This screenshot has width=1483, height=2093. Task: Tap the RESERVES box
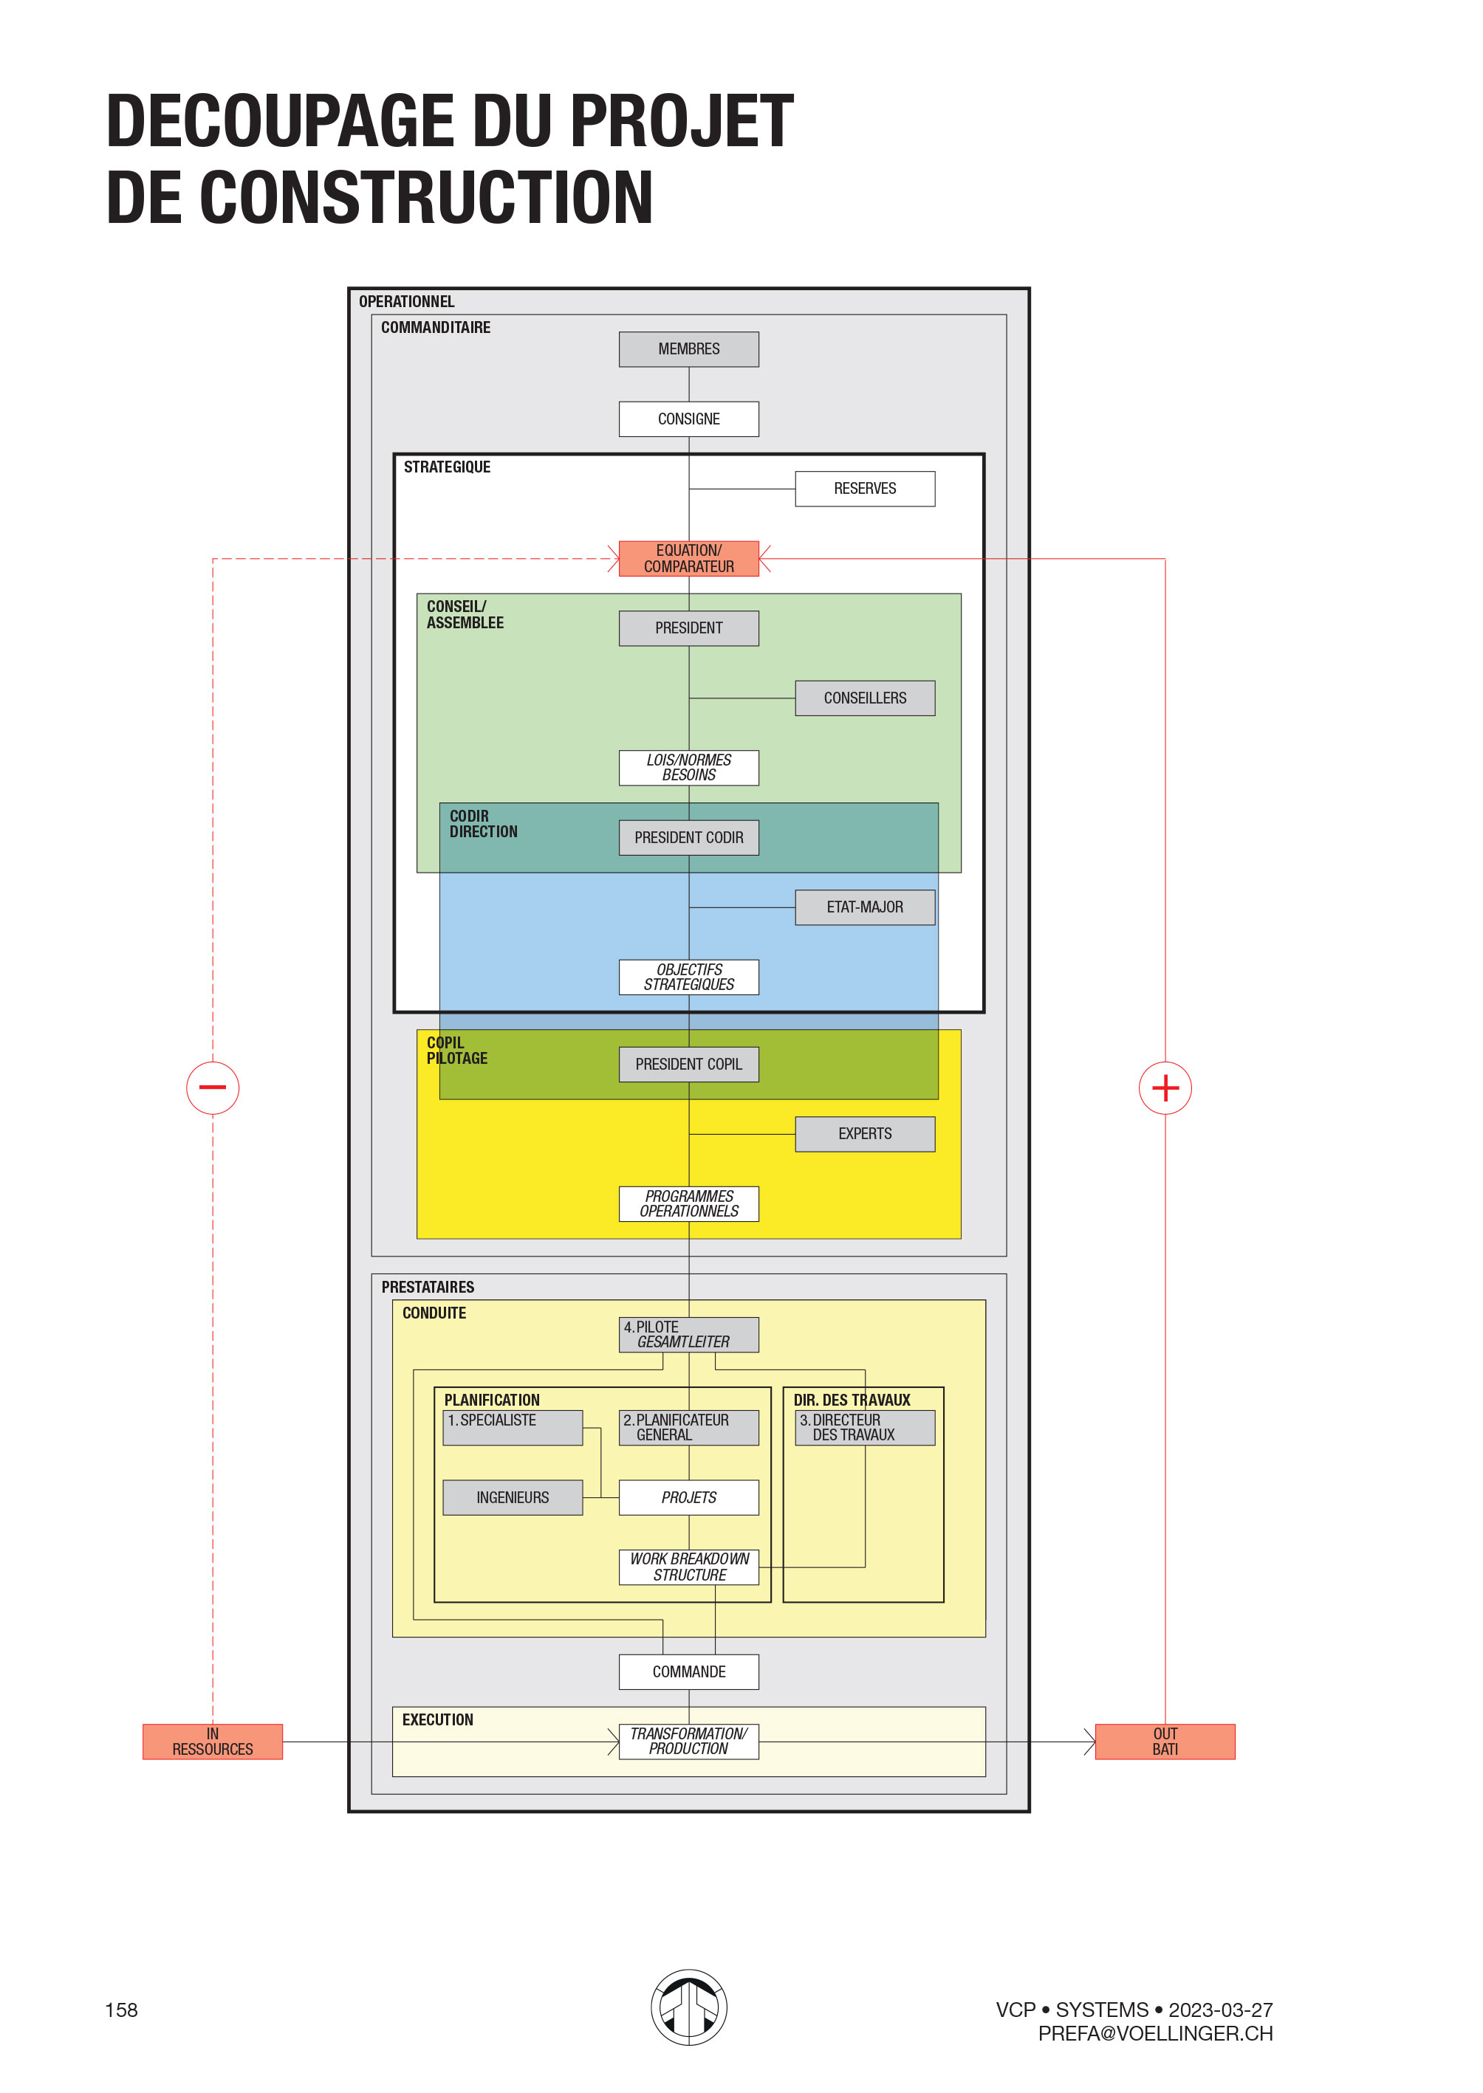(865, 488)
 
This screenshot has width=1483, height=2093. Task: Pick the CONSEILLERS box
(865, 698)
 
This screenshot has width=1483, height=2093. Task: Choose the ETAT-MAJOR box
(865, 907)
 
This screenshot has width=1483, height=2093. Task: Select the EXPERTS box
(865, 1134)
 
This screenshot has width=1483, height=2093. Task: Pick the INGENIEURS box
(513, 1498)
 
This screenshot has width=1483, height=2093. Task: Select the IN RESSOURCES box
(213, 1742)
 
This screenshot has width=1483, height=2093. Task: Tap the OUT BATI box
(1165, 1742)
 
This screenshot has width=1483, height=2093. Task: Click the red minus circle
(213, 1088)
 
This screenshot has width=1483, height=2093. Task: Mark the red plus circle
(1165, 1088)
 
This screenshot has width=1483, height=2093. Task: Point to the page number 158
(121, 2010)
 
